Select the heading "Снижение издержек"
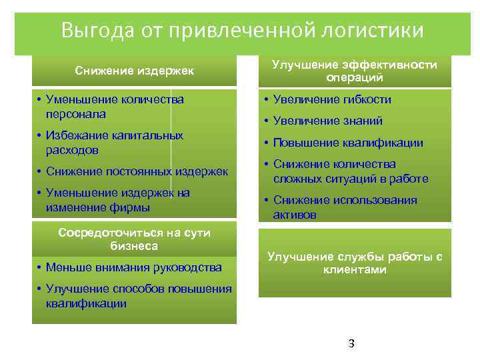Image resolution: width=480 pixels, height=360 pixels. click(x=134, y=71)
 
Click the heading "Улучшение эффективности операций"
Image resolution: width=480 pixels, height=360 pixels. click(x=354, y=71)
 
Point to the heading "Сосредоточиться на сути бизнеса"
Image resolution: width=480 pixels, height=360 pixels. click(x=134, y=239)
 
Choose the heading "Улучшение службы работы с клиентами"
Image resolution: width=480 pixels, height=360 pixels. click(x=354, y=263)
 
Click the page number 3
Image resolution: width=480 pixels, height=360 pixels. click(x=351, y=344)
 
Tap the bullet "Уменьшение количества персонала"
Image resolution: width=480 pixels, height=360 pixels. click(x=114, y=107)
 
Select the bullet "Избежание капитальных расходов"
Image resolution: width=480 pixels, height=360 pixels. click(x=114, y=143)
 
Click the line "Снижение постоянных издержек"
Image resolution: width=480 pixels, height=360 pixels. click(x=137, y=171)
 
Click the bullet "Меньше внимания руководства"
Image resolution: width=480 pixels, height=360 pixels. click(x=133, y=268)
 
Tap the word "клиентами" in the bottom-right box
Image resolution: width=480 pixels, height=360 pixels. click(x=355, y=270)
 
